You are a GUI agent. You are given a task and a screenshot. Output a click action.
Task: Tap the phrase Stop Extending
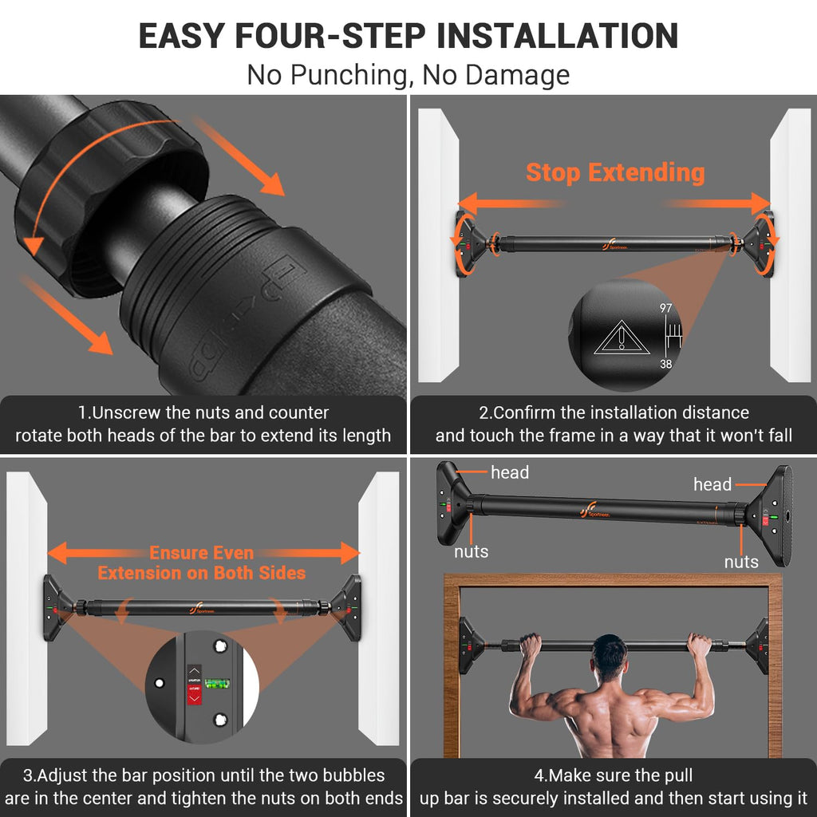615,172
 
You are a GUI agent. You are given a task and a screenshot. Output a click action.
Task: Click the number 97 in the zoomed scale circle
666,308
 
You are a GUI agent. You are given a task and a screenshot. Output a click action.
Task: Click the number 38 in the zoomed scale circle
666,363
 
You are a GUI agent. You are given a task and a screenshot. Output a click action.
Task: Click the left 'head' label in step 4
510,472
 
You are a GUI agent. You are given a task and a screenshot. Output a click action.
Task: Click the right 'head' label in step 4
712,484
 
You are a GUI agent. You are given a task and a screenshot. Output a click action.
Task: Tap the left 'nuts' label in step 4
471,551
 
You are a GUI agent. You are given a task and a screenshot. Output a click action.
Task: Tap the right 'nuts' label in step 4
741,562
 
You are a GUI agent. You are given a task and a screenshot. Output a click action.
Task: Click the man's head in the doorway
610,657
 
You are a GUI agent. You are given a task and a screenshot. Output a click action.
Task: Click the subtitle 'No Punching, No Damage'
408,74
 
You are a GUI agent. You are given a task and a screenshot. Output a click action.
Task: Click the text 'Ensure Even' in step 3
201,553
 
